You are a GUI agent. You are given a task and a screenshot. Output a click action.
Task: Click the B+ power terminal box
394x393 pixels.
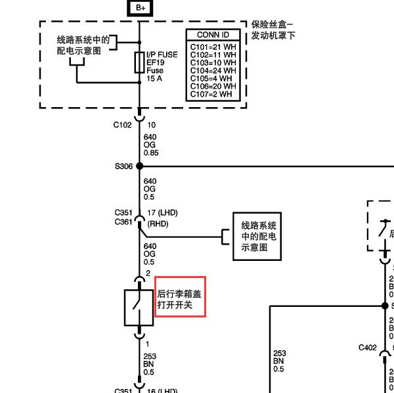point(139,8)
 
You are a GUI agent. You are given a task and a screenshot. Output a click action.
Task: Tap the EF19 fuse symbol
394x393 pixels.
point(139,63)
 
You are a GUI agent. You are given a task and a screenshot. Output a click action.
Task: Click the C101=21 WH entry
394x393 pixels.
point(212,47)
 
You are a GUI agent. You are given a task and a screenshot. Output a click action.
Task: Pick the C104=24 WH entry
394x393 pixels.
point(212,70)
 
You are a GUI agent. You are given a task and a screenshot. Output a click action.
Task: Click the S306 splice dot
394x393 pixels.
point(139,166)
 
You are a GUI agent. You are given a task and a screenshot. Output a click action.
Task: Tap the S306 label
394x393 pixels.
point(123,166)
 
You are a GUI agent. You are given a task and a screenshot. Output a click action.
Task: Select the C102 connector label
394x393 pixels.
point(123,125)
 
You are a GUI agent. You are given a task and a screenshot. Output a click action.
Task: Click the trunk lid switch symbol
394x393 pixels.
point(139,307)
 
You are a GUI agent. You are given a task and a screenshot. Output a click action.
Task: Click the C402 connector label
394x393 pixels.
point(368,347)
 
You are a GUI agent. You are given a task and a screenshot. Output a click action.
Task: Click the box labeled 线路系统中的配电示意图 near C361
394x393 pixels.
point(258,236)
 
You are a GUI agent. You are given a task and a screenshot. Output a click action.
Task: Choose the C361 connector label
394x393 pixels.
point(123,221)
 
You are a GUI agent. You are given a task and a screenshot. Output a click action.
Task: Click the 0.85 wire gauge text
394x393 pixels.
point(151,153)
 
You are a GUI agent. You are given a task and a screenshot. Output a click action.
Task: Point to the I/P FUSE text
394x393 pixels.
point(162,55)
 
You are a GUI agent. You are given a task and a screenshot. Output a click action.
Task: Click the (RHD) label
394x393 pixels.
point(158,223)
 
